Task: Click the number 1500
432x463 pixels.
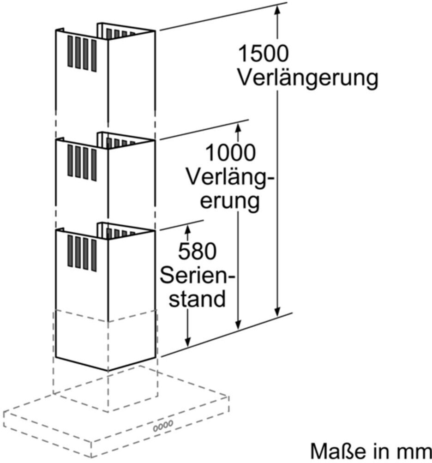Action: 263,53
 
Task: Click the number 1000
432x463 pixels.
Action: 230,153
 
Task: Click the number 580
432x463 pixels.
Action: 197,251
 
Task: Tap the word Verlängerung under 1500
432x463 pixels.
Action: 308,78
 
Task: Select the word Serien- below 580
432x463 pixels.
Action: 198,275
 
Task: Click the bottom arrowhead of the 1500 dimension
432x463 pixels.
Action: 277,312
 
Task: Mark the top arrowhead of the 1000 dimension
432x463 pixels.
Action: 239,128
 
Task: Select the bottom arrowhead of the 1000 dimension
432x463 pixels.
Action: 239,324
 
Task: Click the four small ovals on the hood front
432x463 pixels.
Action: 163,426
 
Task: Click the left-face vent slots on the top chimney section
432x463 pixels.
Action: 82,54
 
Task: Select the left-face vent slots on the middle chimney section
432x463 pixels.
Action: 82,162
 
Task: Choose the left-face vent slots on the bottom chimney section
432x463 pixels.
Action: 82,253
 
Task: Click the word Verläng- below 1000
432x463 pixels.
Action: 230,177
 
